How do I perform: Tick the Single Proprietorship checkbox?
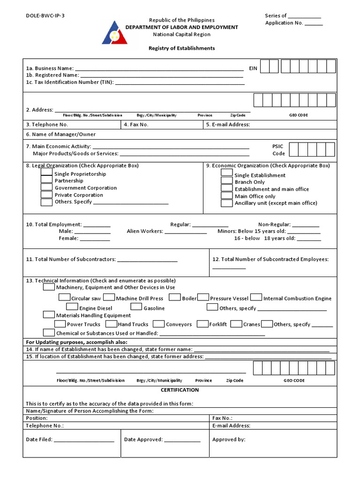(x=46, y=172)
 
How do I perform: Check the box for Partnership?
(x=46, y=180)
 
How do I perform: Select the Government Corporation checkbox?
(x=46, y=187)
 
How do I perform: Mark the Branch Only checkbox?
(x=227, y=180)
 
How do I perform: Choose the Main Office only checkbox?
(x=227, y=196)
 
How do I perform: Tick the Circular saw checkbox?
(x=65, y=297)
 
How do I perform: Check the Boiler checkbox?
(x=175, y=297)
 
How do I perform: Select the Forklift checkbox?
(x=202, y=324)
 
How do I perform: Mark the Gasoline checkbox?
(x=136, y=307)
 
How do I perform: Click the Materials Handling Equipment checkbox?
(x=49, y=315)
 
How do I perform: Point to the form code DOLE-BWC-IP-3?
(x=45, y=15)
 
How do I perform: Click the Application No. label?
(x=284, y=23)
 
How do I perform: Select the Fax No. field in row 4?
(x=162, y=125)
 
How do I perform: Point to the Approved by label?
(x=229, y=440)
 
